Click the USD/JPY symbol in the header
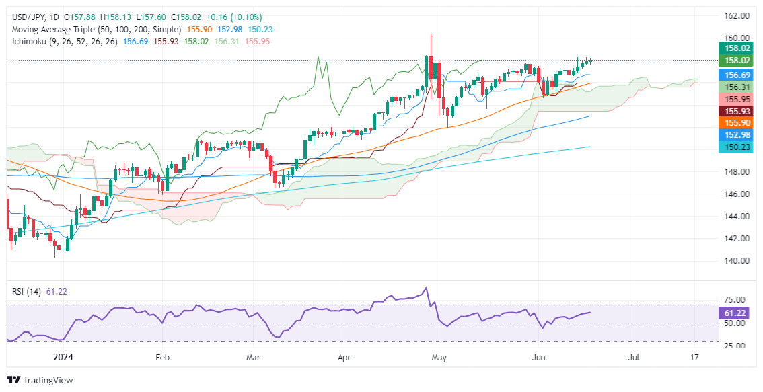click(x=26, y=17)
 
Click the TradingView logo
click(x=40, y=380)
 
